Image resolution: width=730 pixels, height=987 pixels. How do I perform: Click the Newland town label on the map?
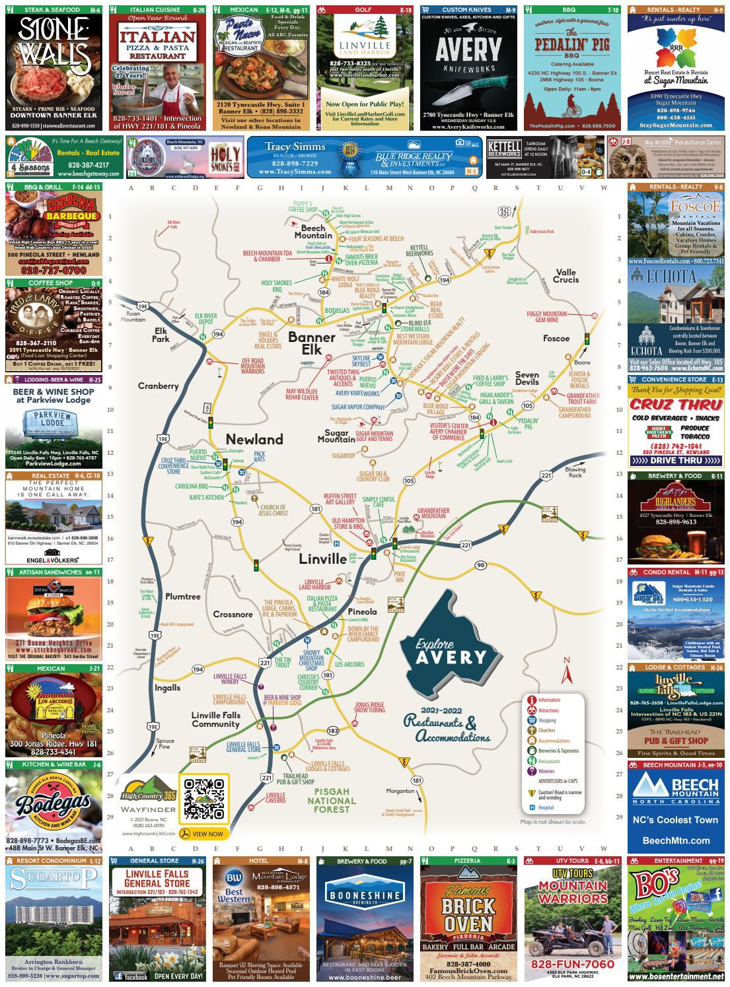click(254, 439)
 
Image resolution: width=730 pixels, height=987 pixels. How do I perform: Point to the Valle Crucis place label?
click(566, 276)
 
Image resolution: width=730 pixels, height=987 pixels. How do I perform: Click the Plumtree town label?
click(183, 596)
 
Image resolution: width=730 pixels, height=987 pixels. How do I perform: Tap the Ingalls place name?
click(167, 687)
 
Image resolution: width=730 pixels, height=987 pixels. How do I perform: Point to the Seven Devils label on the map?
click(527, 378)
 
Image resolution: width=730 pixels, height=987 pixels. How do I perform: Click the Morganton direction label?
click(400, 790)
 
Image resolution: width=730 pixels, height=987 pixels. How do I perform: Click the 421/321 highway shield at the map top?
click(504, 211)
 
